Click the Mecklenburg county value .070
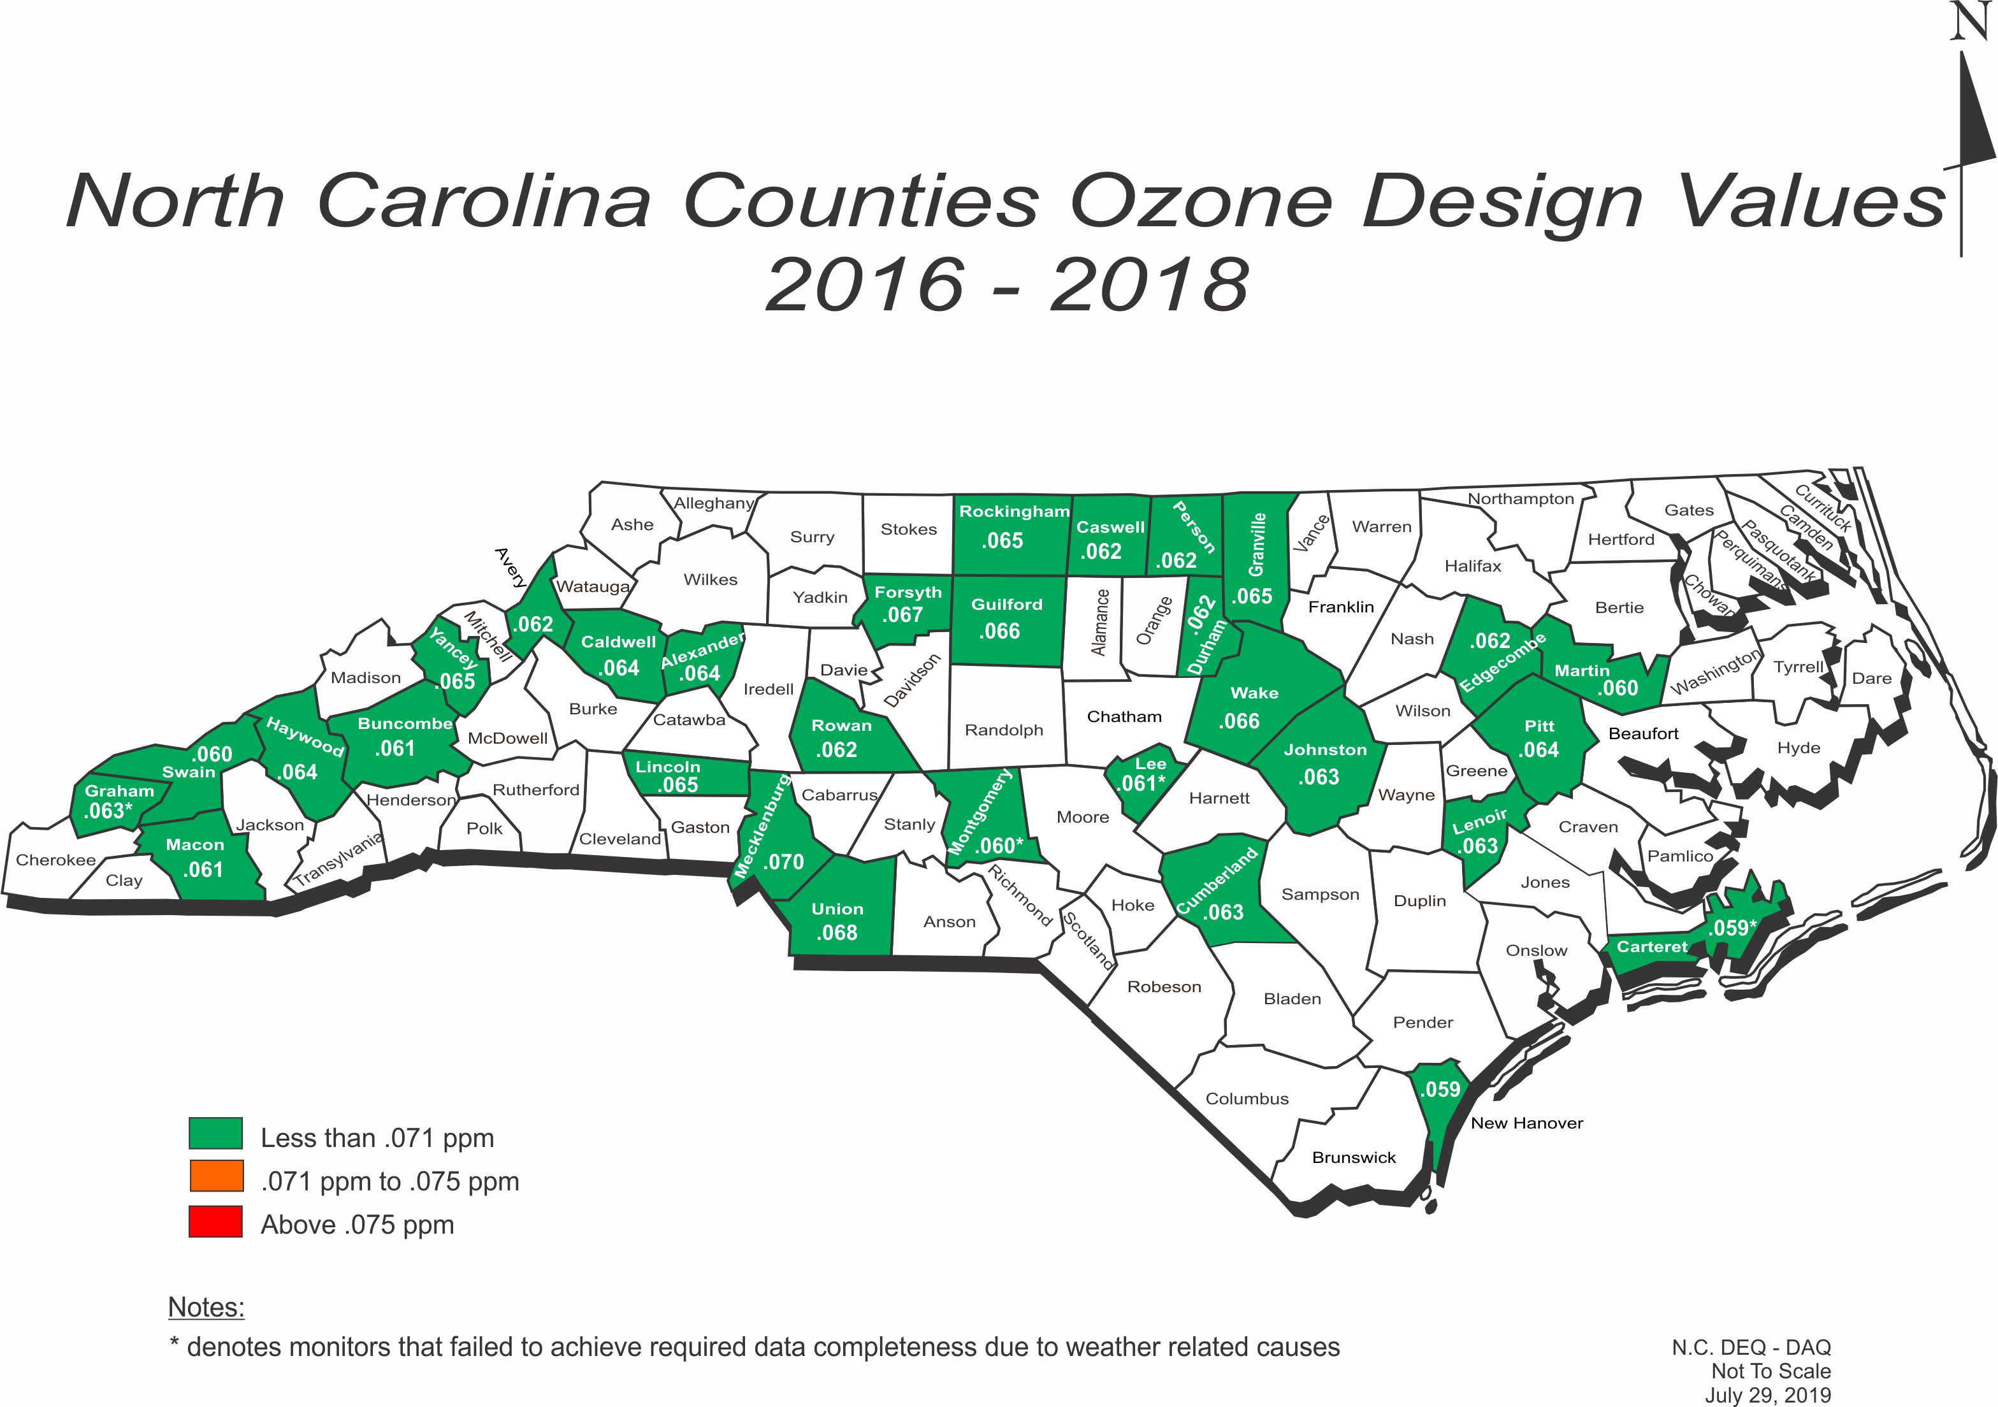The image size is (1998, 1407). point(783,862)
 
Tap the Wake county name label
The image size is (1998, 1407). point(1254,693)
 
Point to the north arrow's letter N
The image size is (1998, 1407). point(1969,21)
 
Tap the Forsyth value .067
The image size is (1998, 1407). point(902,614)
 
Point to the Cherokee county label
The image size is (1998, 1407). point(55,860)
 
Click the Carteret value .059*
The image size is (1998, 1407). point(1732,928)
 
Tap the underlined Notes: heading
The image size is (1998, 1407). point(206,1307)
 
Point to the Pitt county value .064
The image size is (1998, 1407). point(1538,749)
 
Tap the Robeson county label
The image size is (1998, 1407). point(1164,986)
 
